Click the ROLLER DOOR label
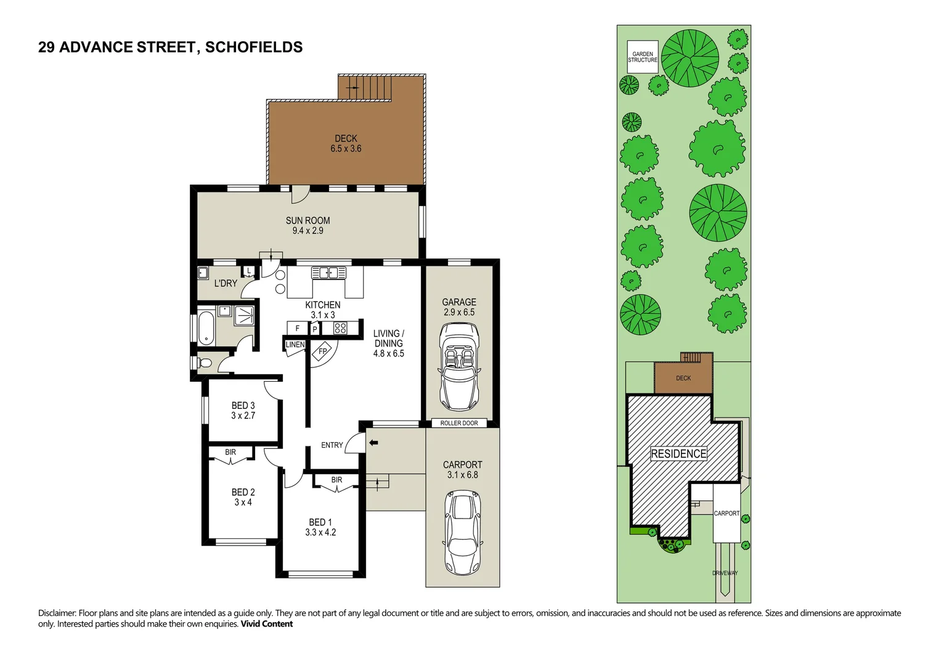pyautogui.click(x=458, y=423)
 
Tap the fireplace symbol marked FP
pyautogui.click(x=323, y=351)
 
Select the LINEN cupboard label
pyautogui.click(x=295, y=345)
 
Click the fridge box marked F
pyautogui.click(x=298, y=328)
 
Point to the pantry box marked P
pyautogui.click(x=315, y=329)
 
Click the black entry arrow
pyautogui.click(x=373, y=442)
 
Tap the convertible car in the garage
pyautogui.click(x=458, y=367)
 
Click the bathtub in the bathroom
pyautogui.click(x=206, y=328)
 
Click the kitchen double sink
pyautogui.click(x=328, y=273)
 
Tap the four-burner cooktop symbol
pyautogui.click(x=340, y=328)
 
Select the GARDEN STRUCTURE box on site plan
pyautogui.click(x=642, y=57)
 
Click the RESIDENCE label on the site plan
pyautogui.click(x=678, y=454)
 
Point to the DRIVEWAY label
pyautogui.click(x=725, y=573)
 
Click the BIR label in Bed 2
pyautogui.click(x=230, y=453)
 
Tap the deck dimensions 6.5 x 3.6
pyautogui.click(x=346, y=149)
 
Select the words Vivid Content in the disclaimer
pyautogui.click(x=266, y=624)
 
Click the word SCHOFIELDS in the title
pyautogui.click(x=254, y=47)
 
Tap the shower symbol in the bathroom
pyautogui.click(x=244, y=315)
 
